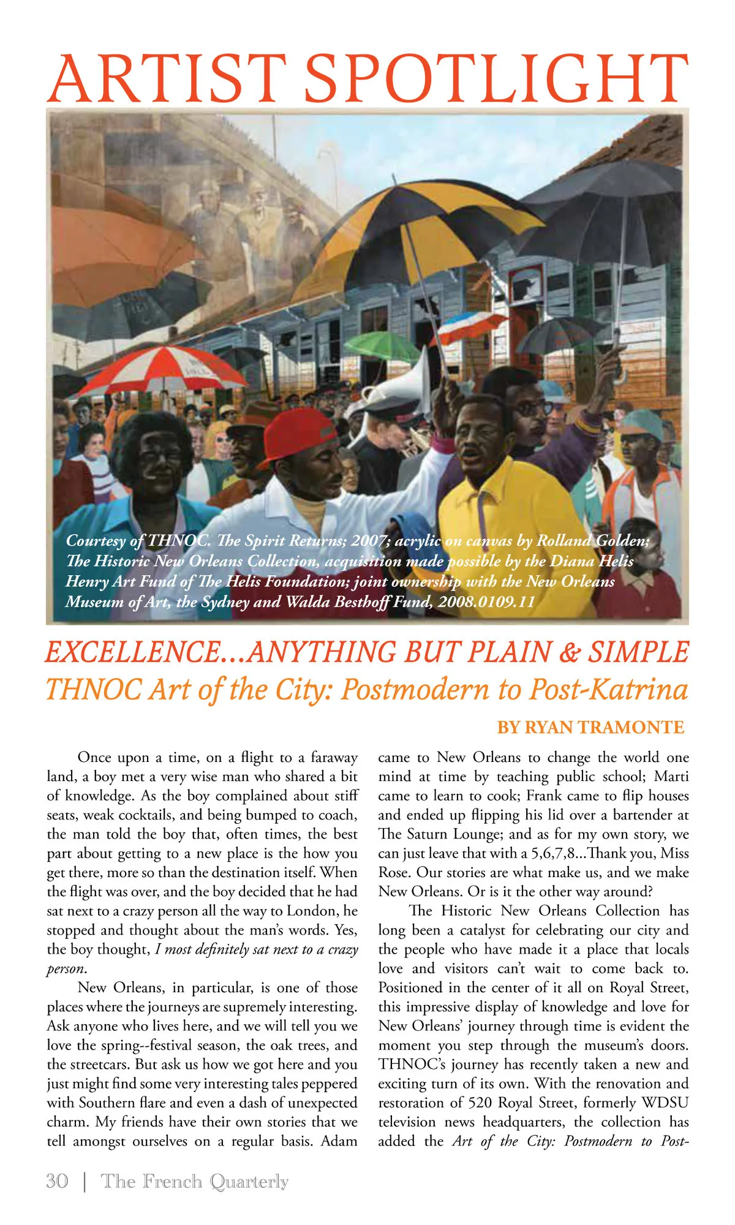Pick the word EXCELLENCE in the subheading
[x=132, y=652]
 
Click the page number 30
[x=57, y=1181]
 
